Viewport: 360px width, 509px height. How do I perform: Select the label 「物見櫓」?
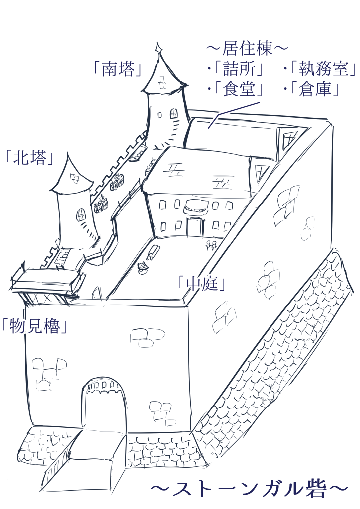[34, 326]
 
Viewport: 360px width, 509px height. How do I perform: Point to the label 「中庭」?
[202, 283]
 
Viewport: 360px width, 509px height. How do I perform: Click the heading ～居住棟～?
[247, 49]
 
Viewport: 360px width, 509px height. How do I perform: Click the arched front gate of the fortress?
[104, 406]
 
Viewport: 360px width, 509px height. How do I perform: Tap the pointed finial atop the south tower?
[159, 48]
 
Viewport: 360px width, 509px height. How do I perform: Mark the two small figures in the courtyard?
[210, 245]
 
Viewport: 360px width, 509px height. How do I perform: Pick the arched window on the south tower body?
[174, 114]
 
